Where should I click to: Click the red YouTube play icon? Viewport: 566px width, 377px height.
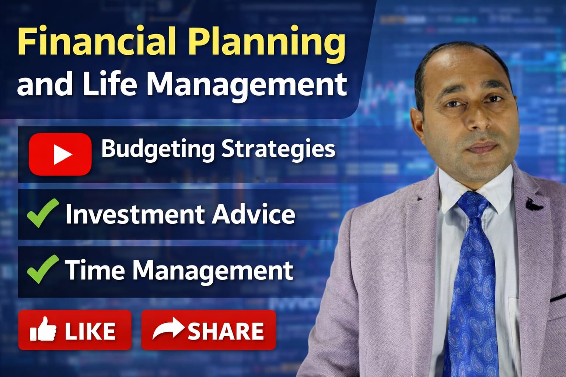(60, 154)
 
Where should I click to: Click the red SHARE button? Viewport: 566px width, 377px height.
(209, 330)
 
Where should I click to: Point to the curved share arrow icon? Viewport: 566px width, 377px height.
(168, 328)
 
